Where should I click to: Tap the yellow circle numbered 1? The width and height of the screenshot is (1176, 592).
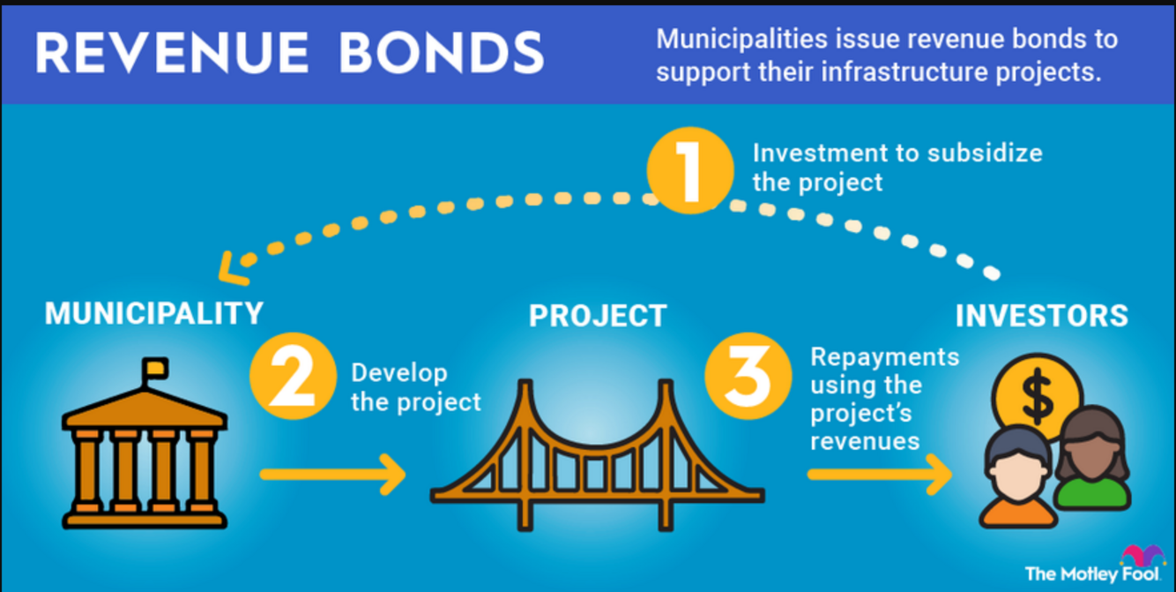(689, 170)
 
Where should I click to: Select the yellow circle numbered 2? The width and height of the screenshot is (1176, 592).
(293, 379)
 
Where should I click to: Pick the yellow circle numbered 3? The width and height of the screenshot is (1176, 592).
(748, 379)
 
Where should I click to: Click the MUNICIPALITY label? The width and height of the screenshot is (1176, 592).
(154, 312)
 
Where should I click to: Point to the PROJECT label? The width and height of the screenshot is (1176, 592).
(597, 315)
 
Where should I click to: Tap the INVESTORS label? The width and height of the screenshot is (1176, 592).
(1041, 315)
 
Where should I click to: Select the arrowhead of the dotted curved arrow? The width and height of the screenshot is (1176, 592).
(232, 266)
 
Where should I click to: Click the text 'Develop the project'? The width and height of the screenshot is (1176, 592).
(415, 387)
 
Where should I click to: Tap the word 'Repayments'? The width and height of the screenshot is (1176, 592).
(884, 356)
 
